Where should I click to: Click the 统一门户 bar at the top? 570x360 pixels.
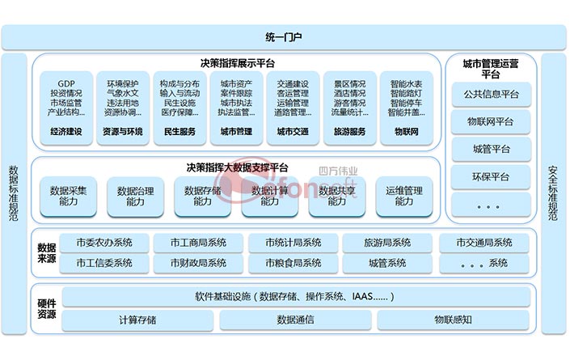(285, 37)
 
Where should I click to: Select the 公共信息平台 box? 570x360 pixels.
(492, 94)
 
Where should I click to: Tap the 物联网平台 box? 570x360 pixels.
(492, 121)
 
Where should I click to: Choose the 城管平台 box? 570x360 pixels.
(492, 149)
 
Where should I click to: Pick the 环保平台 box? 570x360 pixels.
(492, 176)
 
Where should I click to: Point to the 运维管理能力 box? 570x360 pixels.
(404, 197)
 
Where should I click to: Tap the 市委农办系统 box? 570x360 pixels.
(104, 243)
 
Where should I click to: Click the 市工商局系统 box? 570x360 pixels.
(199, 243)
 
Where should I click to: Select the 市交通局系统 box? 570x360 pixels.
(483, 243)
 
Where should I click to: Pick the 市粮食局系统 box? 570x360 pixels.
(293, 263)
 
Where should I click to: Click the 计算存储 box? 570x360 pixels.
(137, 320)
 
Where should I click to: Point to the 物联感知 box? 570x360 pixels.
(453, 320)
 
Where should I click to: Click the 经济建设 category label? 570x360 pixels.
(66, 132)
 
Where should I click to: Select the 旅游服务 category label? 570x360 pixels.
(349, 132)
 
